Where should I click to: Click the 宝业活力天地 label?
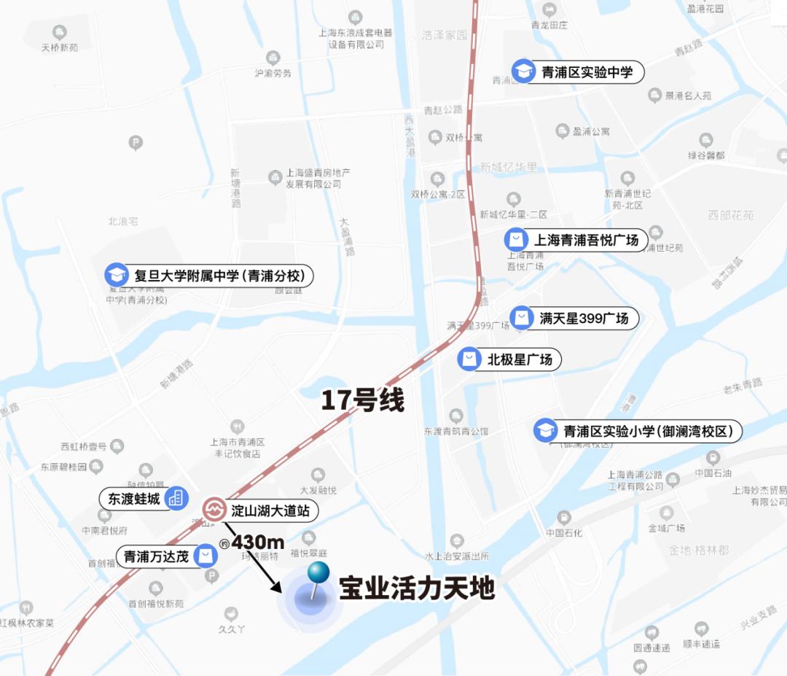pos(417,588)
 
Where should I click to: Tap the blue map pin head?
pos(318,573)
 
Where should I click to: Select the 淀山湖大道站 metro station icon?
pos(214,510)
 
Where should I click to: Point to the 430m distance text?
pos(257,543)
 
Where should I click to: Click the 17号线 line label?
pos(363,400)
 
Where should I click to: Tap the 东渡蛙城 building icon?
pos(175,498)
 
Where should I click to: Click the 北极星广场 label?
pos(520,360)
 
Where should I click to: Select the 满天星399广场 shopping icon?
pos(522,318)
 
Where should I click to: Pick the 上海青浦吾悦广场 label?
pos(586,240)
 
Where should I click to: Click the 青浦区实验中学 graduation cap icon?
pos(522,71)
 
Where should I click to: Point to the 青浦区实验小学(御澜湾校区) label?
pos(646,430)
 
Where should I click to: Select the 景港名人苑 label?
pos(688,96)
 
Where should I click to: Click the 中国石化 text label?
pos(565,532)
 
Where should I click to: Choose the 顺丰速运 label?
pos(701,644)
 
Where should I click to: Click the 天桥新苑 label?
pos(60,47)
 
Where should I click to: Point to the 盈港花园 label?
pos(705,9)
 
